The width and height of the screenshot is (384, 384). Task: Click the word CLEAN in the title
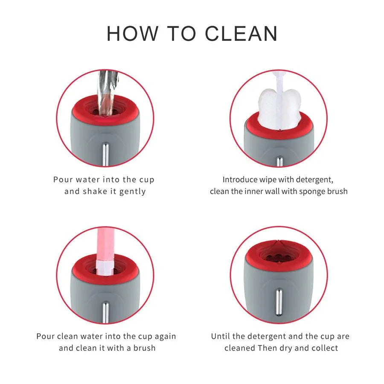pos(241,34)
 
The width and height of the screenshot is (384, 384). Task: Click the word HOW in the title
pos(133,34)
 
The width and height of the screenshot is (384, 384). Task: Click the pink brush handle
pos(105,245)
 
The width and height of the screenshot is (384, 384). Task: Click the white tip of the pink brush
pos(105,268)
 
